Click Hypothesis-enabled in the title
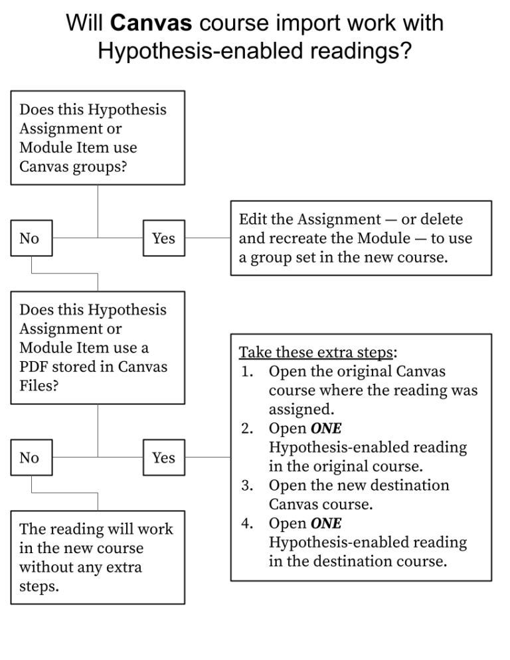pos(197,50)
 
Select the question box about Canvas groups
pos(98,137)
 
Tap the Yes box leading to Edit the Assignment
pos(164,238)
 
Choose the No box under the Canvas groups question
pos(31,238)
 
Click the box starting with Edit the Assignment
pos(361,238)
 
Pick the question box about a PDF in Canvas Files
pos(98,347)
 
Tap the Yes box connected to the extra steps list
pos(164,457)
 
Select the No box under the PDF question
pos(31,457)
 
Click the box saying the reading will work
pos(98,557)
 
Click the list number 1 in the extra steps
pos(246,371)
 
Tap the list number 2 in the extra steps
pos(246,428)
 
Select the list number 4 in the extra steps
pos(246,523)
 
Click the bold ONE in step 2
pos(325,428)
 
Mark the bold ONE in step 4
pos(325,523)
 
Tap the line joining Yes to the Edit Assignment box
pos(207,238)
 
